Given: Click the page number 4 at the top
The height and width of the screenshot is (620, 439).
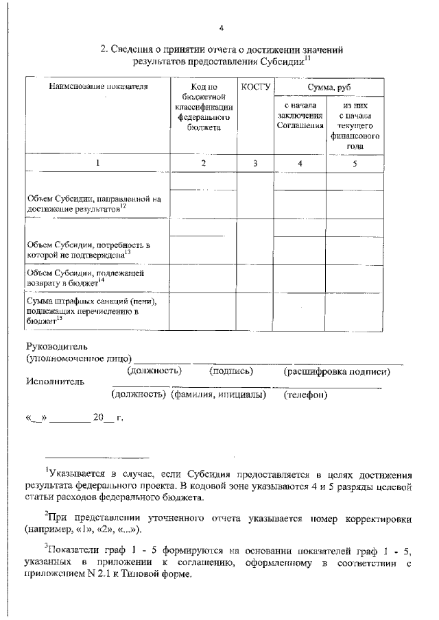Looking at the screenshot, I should click(x=222, y=27).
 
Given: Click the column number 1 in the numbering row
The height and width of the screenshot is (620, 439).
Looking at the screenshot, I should click(x=97, y=163).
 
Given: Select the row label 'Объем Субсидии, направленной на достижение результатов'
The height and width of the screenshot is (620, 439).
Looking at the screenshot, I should click(x=93, y=203).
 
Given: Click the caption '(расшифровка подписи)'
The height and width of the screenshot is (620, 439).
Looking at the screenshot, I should click(x=337, y=371).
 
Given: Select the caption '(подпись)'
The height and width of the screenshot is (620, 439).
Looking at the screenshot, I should click(x=231, y=371).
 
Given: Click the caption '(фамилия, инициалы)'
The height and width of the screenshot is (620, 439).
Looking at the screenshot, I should click(x=218, y=395).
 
